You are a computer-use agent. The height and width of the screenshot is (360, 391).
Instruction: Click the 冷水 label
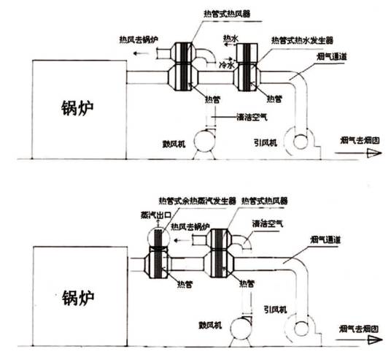pos(227,65)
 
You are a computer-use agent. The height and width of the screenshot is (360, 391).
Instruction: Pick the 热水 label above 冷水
pos(230,38)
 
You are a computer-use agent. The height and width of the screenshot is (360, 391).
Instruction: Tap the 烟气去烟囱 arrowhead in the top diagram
pos(373,152)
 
